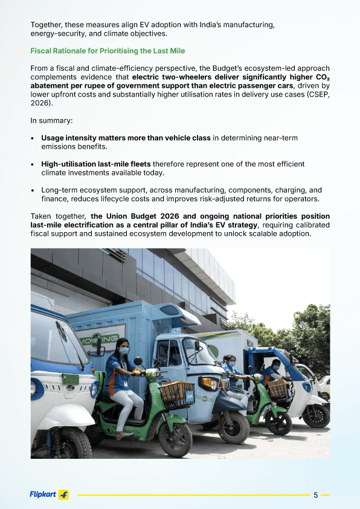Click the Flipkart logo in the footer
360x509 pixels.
pyautogui.click(x=49, y=494)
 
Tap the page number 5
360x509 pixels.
pyautogui.click(x=315, y=495)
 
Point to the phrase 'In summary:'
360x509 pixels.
pyautogui.click(x=51, y=120)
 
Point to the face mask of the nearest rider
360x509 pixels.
pyautogui.click(x=123, y=351)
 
